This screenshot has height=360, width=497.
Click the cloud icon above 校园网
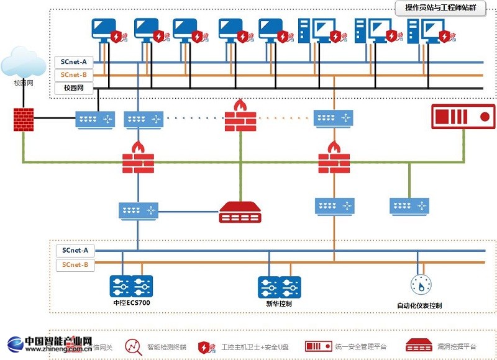click(23, 62)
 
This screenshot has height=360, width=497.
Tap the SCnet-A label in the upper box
click(74, 62)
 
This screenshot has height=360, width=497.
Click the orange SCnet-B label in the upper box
click(74, 75)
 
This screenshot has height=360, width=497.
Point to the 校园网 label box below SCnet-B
click(74, 88)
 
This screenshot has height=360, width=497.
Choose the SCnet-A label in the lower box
click(75, 251)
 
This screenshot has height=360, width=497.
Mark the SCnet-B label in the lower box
click(75, 265)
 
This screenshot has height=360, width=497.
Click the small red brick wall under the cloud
click(23, 119)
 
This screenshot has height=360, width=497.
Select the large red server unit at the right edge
click(463, 117)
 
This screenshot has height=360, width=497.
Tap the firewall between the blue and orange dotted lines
click(240, 115)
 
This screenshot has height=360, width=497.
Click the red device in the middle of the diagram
click(240, 212)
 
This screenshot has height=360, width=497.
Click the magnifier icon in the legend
click(133, 346)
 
